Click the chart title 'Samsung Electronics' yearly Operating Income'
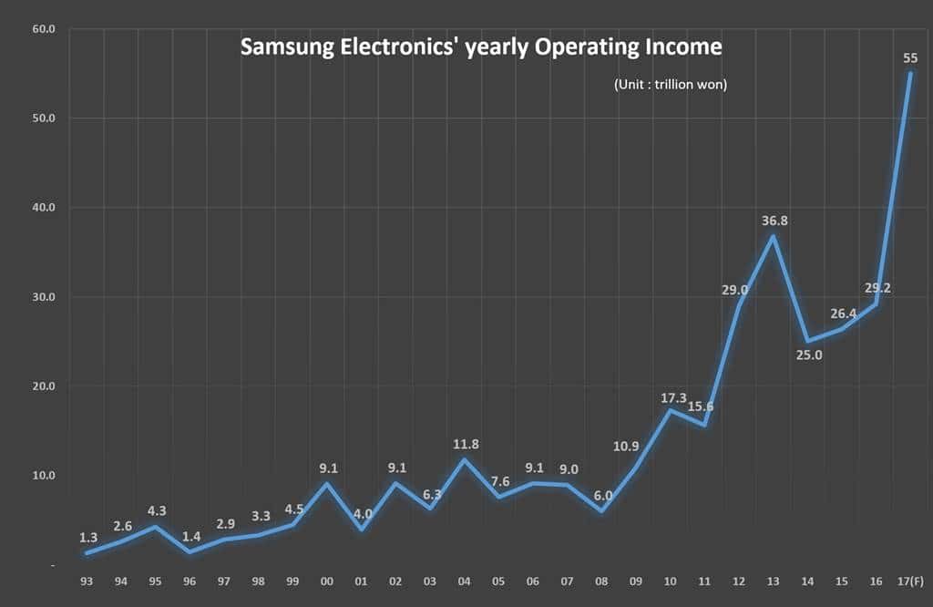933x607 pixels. click(480, 47)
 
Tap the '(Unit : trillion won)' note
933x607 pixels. click(670, 85)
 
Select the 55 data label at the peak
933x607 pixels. click(909, 58)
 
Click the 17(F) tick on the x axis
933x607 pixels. click(909, 581)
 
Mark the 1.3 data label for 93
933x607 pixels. click(88, 538)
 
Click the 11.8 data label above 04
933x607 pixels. click(466, 444)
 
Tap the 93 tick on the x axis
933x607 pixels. click(88, 581)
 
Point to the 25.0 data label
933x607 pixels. click(809, 355)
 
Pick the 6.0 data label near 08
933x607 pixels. click(602, 496)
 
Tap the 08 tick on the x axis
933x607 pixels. click(602, 581)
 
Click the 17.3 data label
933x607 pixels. click(672, 397)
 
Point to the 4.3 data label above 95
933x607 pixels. click(157, 511)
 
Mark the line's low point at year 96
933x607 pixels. click(191, 551)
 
